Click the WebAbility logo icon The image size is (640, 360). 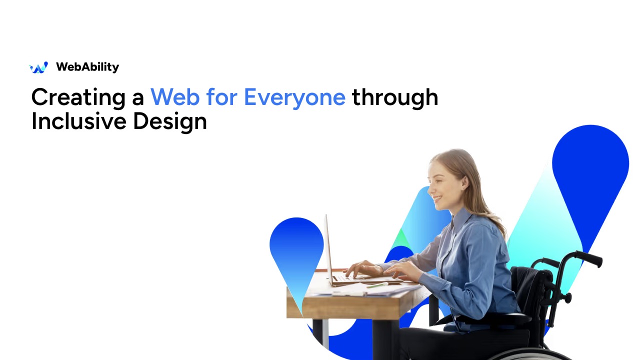39,67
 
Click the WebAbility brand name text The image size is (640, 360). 87,67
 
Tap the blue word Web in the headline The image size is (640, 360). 175,97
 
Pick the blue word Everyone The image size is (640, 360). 294,98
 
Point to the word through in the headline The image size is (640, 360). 395,98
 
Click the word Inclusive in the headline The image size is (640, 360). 79,121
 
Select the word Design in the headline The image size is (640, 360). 169,121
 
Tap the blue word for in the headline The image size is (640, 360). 221,97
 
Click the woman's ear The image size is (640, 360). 464,183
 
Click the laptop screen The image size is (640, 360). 329,249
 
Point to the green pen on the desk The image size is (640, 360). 377,285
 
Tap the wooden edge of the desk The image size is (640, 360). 357,307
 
